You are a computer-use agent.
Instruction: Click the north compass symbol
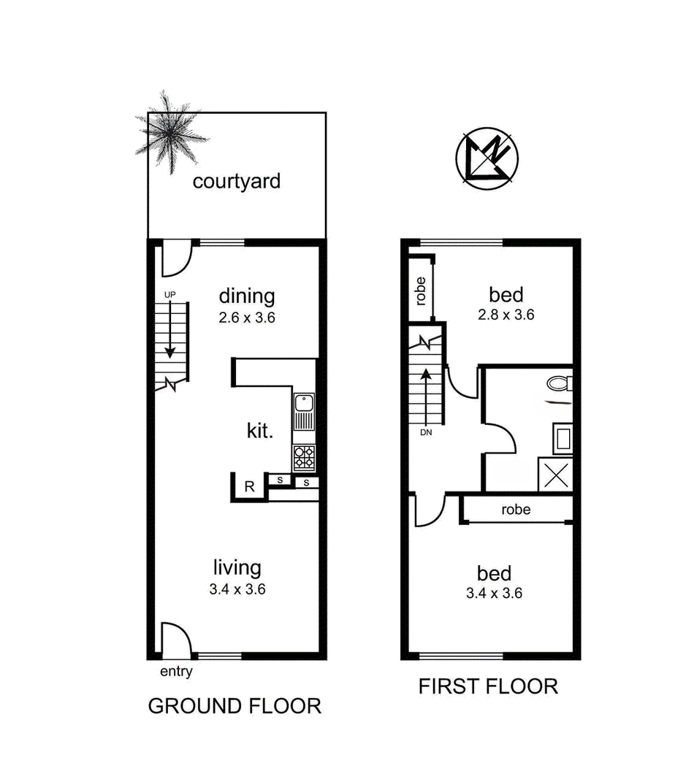click(x=487, y=158)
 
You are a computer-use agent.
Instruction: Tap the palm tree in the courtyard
click(x=169, y=131)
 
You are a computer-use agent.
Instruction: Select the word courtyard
click(x=237, y=182)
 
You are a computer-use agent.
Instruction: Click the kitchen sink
click(x=303, y=412)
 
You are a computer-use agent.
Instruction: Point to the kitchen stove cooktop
click(x=304, y=458)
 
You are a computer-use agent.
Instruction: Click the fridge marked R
click(x=249, y=486)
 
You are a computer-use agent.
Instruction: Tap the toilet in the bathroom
click(x=560, y=383)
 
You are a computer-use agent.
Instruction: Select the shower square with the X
click(x=555, y=475)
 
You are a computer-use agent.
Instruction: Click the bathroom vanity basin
click(x=562, y=439)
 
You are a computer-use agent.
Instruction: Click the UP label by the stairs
click(x=170, y=295)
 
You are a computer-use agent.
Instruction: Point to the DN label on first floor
click(x=426, y=432)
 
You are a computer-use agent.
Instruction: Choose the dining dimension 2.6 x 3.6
click(x=247, y=318)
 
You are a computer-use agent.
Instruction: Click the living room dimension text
click(x=237, y=589)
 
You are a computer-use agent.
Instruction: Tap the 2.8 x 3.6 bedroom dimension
click(x=506, y=315)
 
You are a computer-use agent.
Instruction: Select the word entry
click(x=176, y=672)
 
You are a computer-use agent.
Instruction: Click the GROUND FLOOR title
click(x=234, y=706)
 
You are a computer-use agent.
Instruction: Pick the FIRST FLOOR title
click(x=488, y=687)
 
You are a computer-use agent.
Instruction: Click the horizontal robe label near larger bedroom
click(x=516, y=510)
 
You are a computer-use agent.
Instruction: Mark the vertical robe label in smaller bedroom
click(x=421, y=291)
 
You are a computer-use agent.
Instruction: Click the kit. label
click(x=260, y=430)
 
